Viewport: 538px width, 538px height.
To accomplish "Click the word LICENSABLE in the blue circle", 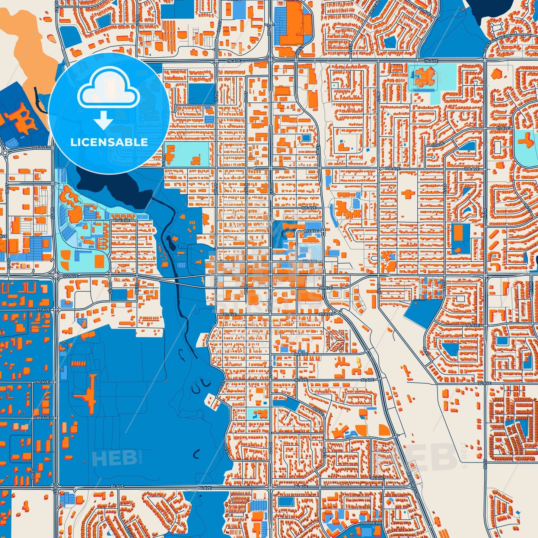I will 109,142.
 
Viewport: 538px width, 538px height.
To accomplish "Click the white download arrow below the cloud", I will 104,120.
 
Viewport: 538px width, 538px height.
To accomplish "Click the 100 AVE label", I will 71,276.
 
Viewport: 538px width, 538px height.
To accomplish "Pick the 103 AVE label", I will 311,231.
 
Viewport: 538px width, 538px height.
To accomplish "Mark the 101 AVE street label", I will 309,261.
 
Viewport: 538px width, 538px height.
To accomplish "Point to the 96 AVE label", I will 472,325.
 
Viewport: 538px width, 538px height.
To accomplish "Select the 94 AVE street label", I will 301,354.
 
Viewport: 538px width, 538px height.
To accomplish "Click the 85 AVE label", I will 377,478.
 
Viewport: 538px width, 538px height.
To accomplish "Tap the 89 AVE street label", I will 43,418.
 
